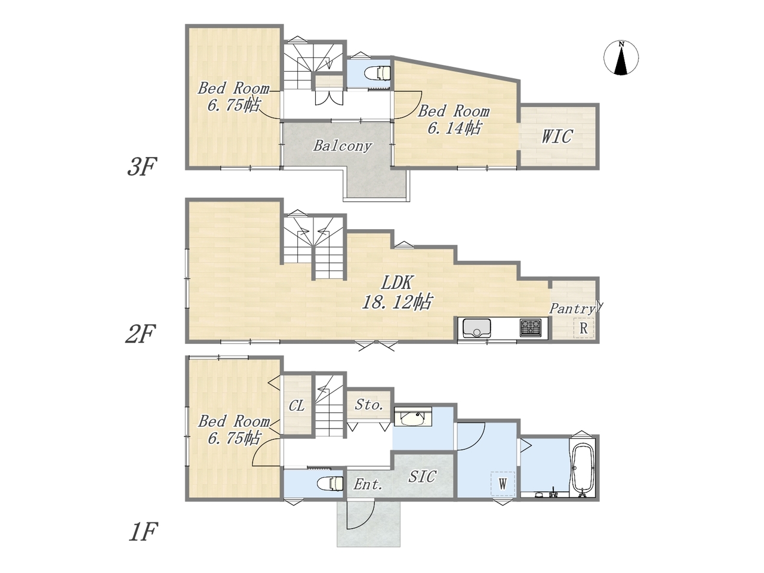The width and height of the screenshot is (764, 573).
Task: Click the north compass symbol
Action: coord(621,58)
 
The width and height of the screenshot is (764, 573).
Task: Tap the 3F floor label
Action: coord(142,167)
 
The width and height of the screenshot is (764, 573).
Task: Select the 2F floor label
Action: coord(140,334)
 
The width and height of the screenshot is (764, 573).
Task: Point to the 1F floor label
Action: coord(143,532)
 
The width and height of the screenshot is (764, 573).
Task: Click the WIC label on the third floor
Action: coord(557,136)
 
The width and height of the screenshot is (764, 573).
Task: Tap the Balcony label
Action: coord(343,146)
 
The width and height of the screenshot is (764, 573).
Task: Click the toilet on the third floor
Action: coord(377,73)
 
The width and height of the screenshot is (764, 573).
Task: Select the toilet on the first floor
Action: coord(331,483)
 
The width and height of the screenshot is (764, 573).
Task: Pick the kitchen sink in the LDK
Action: coord(476,328)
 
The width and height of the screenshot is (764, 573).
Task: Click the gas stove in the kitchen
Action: coord(531,328)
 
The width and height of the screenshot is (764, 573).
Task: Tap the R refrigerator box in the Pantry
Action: coord(584,328)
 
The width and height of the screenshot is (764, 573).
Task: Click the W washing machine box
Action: coord(503,483)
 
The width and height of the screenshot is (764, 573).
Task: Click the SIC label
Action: coord(422,477)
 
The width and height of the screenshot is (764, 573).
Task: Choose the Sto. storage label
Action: coord(369,405)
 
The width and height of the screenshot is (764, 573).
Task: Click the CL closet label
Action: coord(297,406)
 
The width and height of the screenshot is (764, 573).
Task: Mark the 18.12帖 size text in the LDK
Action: coord(397,302)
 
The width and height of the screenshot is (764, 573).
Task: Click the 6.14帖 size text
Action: coord(454,128)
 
